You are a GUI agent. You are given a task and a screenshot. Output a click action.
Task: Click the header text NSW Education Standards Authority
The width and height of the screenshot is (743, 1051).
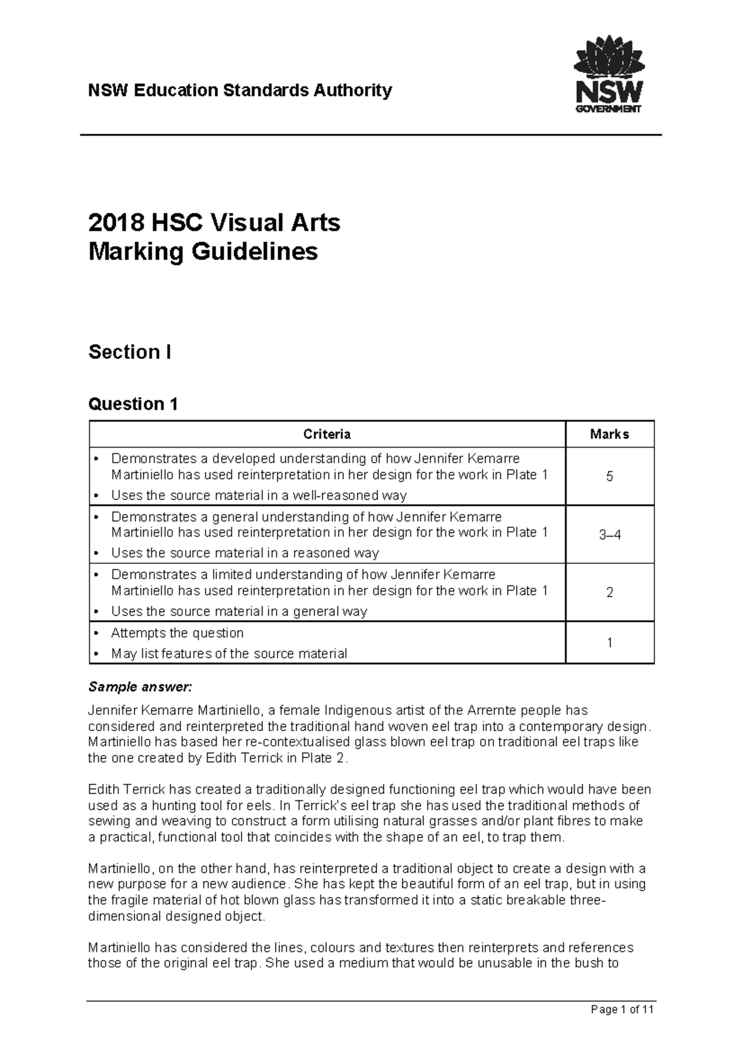pyautogui.click(x=240, y=90)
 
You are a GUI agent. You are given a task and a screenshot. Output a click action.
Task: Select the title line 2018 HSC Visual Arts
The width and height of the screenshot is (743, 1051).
pyautogui.click(x=214, y=222)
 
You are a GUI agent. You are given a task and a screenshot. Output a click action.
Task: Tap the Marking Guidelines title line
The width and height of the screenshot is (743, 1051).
pyautogui.click(x=203, y=252)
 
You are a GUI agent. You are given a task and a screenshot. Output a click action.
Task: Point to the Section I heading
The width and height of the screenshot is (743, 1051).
pyautogui.click(x=129, y=352)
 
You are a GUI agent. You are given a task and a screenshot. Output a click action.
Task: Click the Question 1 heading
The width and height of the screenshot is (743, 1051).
pyautogui.click(x=133, y=404)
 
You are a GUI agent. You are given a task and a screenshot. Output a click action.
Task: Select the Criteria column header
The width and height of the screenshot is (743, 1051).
pyautogui.click(x=327, y=435)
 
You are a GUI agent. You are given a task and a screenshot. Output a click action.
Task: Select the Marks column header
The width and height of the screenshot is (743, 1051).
pyautogui.click(x=609, y=435)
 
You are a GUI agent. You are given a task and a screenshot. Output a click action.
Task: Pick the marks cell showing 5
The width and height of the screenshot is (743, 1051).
pyautogui.click(x=609, y=477)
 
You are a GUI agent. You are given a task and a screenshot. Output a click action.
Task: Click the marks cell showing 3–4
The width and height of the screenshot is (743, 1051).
pyautogui.click(x=609, y=535)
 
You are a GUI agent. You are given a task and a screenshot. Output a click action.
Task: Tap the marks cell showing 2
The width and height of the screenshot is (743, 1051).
pyautogui.click(x=609, y=592)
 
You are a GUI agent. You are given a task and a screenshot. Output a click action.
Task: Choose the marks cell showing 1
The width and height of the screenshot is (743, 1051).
pyautogui.click(x=609, y=643)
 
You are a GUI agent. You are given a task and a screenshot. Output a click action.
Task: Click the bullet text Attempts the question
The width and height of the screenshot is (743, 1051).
pyautogui.click(x=177, y=633)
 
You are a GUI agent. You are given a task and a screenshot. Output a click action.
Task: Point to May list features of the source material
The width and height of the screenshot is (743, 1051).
pyautogui.click(x=228, y=654)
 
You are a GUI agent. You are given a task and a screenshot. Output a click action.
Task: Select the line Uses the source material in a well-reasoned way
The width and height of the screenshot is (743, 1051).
pyautogui.click(x=258, y=495)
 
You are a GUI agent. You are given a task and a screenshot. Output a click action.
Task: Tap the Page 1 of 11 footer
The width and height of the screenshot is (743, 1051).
pyautogui.click(x=622, y=1010)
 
